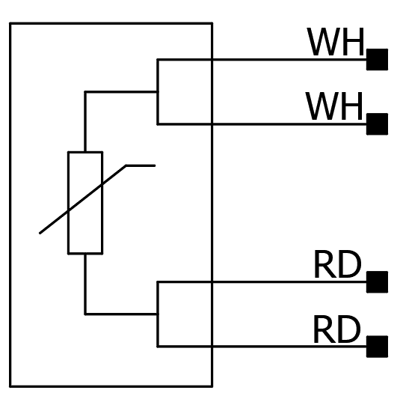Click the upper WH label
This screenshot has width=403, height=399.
pyautogui.click(x=336, y=42)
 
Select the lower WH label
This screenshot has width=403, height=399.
pyautogui.click(x=334, y=106)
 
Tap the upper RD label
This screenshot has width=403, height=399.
pyautogui.click(x=338, y=264)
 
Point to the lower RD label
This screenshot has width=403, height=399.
pyautogui.click(x=337, y=329)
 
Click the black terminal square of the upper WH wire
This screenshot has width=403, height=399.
pyautogui.click(x=377, y=59)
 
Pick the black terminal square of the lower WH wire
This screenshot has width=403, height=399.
pyautogui.click(x=377, y=124)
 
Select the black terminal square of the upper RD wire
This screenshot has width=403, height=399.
pyautogui.click(x=377, y=282)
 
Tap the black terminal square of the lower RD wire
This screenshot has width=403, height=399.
pyautogui.click(x=377, y=347)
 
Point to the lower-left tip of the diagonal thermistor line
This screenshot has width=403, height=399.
pyautogui.click(x=40, y=234)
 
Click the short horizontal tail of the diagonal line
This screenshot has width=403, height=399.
pyautogui.click(x=141, y=165)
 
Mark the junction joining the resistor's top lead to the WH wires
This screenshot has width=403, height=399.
pyautogui.click(x=158, y=91)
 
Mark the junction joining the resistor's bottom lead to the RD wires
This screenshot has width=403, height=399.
pyautogui.click(x=158, y=314)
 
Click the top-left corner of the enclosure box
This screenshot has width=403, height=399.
pyautogui.click(x=10, y=23)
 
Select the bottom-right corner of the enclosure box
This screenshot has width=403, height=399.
pyautogui.click(x=212, y=386)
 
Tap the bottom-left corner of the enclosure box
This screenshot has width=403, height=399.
pyautogui.click(x=10, y=386)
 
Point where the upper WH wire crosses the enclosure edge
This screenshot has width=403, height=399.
pyautogui.click(x=212, y=60)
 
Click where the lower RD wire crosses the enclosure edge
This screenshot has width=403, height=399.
pyautogui.click(x=212, y=347)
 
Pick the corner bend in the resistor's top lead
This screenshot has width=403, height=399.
pyautogui.click(x=85, y=91)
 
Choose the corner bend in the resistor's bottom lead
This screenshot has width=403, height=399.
pyautogui.click(x=85, y=314)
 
